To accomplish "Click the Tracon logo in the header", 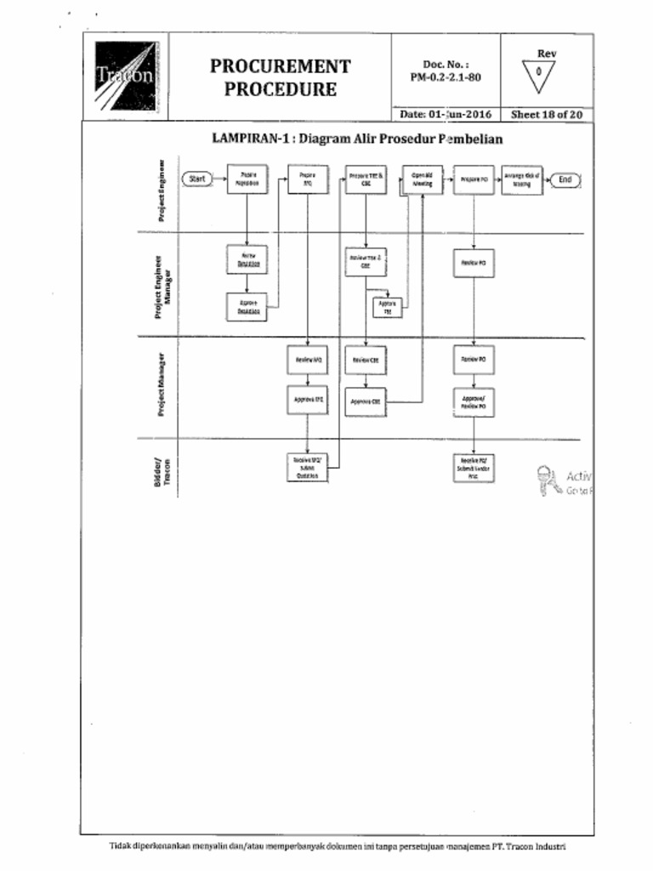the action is (125, 77).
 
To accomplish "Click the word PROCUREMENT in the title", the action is (280, 66).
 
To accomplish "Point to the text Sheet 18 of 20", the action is (547, 114).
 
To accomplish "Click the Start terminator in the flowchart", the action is (197, 179).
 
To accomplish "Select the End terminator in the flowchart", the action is (565, 179).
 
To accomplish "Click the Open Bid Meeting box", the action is (422, 179).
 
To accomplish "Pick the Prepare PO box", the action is (474, 179).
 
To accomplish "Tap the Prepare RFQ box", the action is (308, 179).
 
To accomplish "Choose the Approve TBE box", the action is (386, 306).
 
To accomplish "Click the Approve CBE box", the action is (366, 401).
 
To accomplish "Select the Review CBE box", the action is (366, 360).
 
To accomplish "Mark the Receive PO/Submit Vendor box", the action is (474, 467).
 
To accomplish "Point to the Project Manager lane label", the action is (161, 386).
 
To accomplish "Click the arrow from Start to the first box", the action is (219, 179).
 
